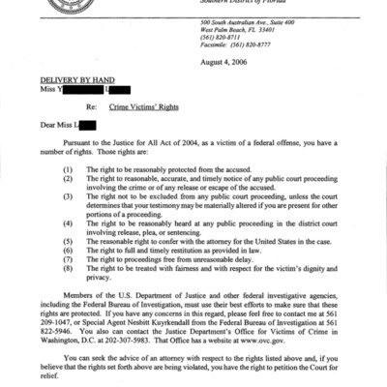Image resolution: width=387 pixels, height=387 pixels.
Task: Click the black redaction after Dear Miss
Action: (x=87, y=125)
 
